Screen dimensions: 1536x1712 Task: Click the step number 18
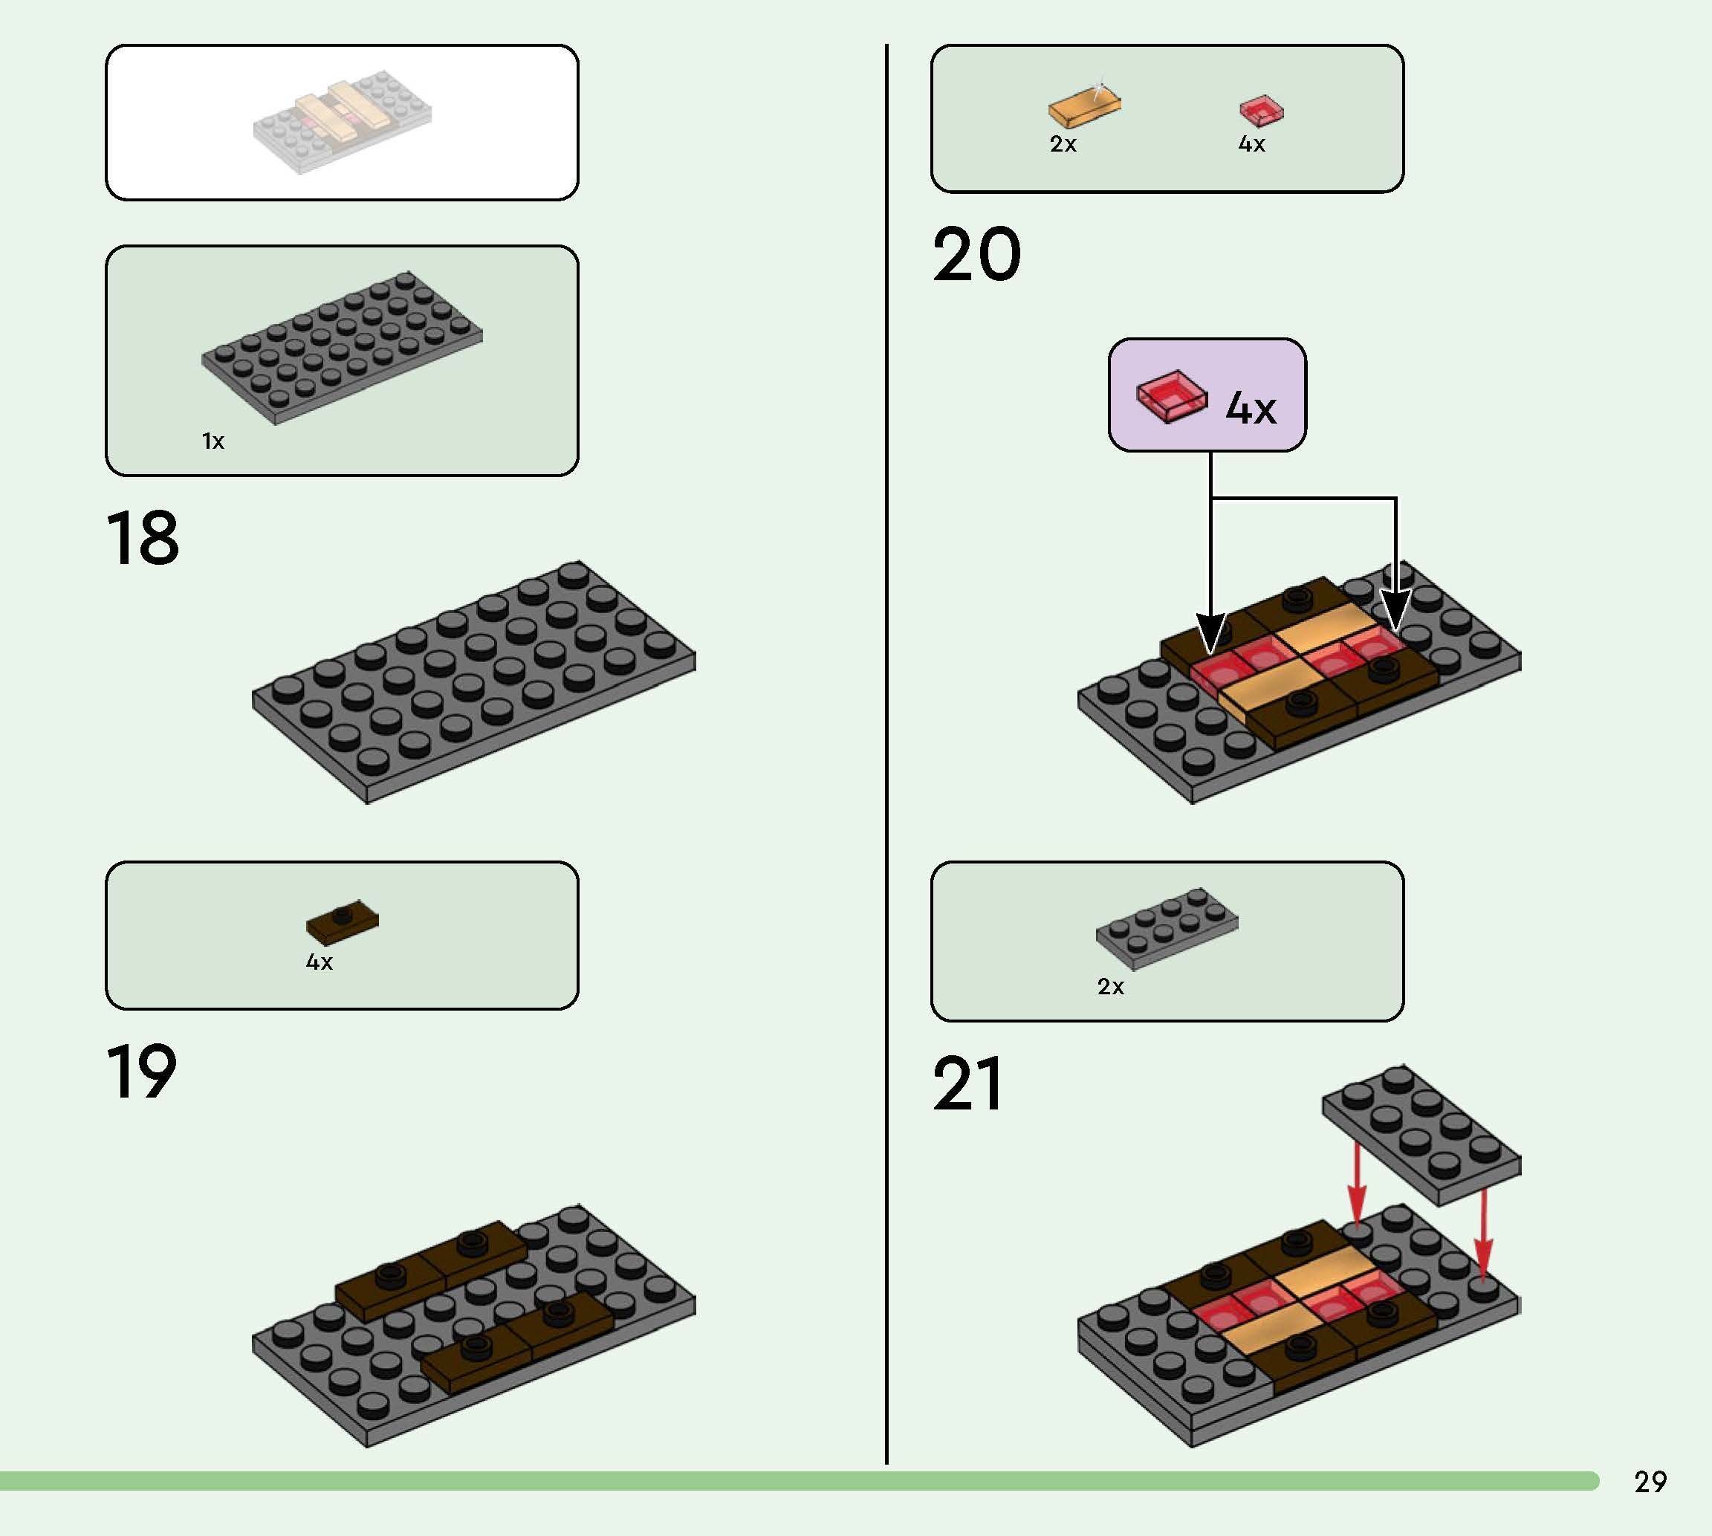pos(143,539)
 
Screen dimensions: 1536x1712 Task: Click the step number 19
pos(142,1072)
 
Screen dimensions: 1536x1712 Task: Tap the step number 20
pos(976,255)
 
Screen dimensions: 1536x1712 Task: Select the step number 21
pos(967,1084)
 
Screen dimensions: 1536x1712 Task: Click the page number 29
pos(1650,1482)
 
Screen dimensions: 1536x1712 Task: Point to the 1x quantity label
pos(213,441)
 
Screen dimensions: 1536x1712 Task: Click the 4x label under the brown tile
pos(319,962)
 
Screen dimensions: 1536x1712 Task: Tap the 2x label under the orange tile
pos(1063,144)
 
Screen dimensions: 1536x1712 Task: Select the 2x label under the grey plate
pos(1110,987)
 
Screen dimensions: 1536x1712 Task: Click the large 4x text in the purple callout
pos(1251,408)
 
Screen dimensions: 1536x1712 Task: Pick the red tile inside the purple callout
pos(1171,395)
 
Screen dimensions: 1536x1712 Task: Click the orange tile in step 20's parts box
pos(1084,107)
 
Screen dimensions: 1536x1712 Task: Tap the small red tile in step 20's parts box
pos(1260,110)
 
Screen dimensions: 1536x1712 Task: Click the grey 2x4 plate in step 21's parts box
pos(1167,925)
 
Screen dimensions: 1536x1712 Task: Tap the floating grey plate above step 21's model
pos(1421,1132)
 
